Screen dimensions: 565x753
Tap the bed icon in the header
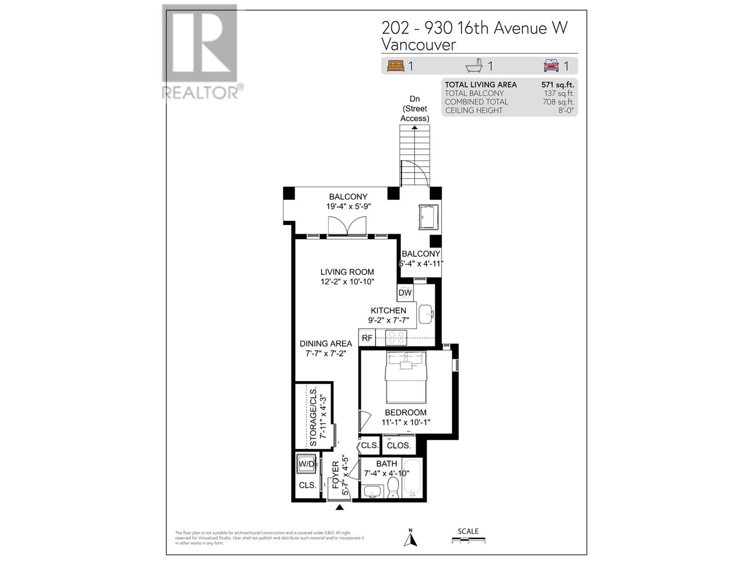395,66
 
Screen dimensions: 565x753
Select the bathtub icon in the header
474,66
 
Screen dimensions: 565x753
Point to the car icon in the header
551,66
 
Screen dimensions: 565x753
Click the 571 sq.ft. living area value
558,85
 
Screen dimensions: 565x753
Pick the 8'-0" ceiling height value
566,111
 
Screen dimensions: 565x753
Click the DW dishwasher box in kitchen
405,293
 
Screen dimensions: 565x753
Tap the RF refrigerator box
367,338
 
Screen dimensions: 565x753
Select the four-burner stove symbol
396,338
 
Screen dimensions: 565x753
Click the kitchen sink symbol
426,314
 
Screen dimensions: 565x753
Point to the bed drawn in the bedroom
406,377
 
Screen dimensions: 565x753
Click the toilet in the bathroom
393,487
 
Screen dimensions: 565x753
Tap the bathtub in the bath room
412,477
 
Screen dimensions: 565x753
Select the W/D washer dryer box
306,464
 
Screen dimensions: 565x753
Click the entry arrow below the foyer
339,507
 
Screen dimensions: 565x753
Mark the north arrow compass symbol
410,538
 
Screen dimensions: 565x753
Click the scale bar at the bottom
468,540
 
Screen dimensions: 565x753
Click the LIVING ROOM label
347,272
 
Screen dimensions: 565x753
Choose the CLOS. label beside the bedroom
399,445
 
